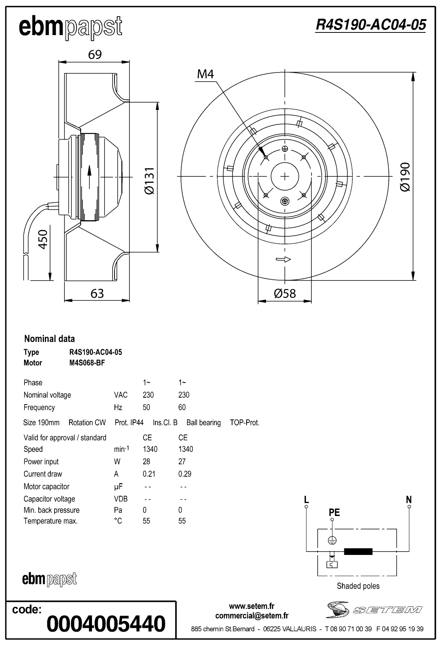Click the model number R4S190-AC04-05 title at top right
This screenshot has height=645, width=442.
tap(370, 25)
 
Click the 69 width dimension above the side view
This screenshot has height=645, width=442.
tap(95, 55)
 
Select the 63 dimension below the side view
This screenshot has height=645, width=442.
tap(97, 293)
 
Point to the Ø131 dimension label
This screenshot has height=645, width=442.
tap(150, 181)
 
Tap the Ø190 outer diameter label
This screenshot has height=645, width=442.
tap(405, 177)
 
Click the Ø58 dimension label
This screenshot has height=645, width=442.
tap(285, 293)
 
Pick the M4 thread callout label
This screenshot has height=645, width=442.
tap(205, 74)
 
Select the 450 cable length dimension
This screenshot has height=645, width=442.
tap(43, 239)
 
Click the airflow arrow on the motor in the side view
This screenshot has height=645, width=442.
tap(90, 176)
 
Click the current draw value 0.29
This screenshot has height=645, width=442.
tap(185, 474)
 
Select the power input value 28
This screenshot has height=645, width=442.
tap(146, 461)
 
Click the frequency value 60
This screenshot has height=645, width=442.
tap(182, 407)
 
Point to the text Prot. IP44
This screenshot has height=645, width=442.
tap(129, 422)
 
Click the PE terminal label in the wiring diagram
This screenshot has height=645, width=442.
tap(334, 512)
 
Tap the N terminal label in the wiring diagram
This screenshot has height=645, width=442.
tap(409, 499)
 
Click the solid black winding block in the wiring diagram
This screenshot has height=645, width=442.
tap(358, 551)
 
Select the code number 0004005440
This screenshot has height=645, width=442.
tap(106, 624)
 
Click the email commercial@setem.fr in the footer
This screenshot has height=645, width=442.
tap(252, 616)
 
